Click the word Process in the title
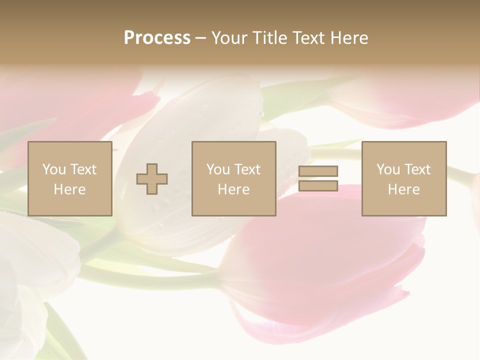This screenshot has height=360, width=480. click(157, 38)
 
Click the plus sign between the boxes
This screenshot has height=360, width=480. click(152, 178)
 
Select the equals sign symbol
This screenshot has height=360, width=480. click(318, 178)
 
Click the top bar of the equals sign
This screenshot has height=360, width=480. click(318, 171)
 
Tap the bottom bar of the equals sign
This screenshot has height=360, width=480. click(318, 185)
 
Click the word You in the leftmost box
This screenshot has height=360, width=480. click(54, 169)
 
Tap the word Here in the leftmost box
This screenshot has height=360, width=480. click(70, 189)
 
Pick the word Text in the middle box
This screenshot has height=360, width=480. click(247, 169)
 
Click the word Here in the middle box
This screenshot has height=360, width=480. click(234, 189)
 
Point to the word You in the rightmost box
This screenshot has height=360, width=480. click(388, 169)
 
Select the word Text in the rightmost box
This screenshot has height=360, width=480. click(417, 169)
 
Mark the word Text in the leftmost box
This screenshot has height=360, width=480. click(83, 169)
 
